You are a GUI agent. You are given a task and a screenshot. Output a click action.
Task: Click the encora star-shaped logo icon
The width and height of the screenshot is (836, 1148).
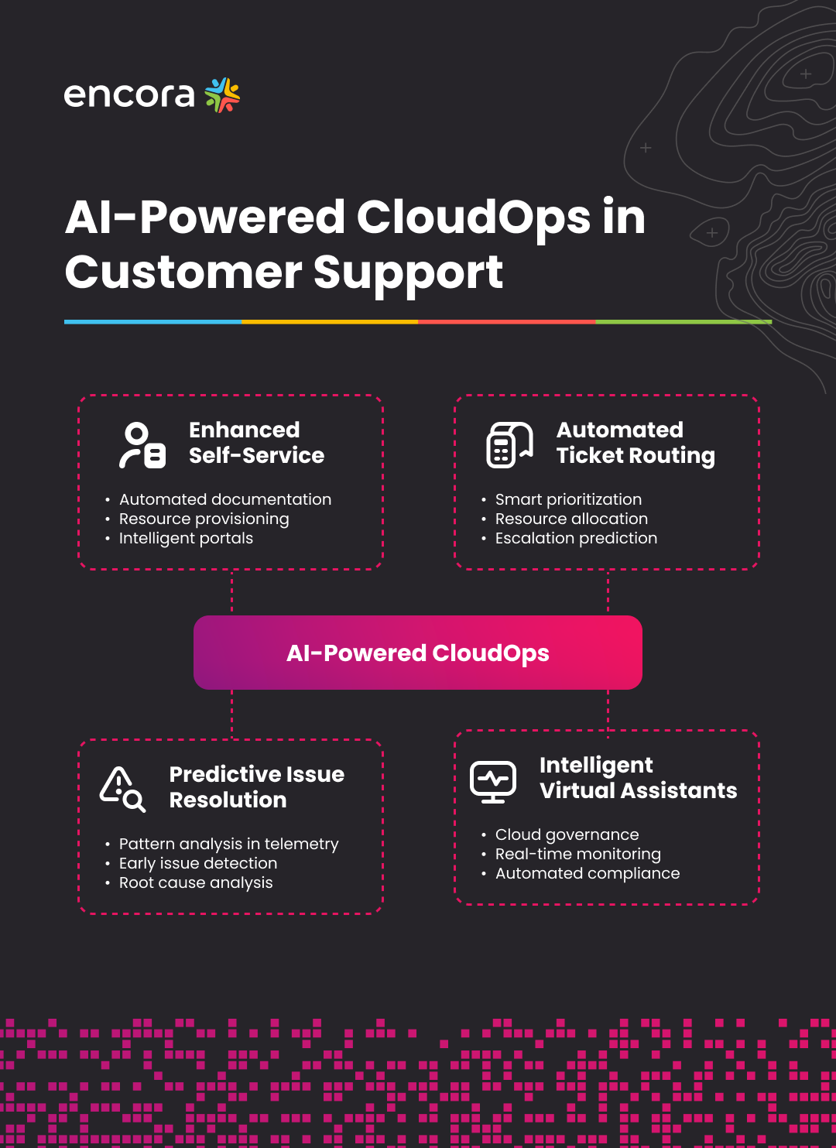[x=222, y=95]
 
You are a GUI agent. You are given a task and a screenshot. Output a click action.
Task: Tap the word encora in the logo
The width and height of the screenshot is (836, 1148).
[x=129, y=95]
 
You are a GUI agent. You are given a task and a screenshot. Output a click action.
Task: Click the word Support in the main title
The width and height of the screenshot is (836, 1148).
[x=408, y=272]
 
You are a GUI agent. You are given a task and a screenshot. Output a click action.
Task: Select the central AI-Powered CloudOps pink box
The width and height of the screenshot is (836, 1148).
[x=418, y=653]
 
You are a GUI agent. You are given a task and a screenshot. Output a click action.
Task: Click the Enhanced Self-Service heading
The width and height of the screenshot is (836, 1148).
[x=256, y=443]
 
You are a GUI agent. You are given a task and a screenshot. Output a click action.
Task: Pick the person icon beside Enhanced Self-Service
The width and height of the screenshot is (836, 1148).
[x=142, y=445]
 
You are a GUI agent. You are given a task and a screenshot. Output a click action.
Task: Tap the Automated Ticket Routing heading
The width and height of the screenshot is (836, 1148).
[x=635, y=443]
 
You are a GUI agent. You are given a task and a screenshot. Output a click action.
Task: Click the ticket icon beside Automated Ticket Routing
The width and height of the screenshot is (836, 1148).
[x=509, y=445]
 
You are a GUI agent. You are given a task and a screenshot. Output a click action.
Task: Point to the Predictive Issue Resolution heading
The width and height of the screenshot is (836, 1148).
[x=256, y=786]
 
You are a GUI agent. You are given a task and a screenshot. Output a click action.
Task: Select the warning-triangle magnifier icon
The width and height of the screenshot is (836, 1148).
[x=122, y=789]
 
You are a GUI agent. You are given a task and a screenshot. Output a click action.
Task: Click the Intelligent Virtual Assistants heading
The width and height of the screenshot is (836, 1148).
[x=638, y=777]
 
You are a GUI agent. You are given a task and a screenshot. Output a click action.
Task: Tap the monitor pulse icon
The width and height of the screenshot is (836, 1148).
[x=493, y=782]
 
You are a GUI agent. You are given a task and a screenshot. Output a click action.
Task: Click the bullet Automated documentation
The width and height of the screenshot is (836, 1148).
[x=225, y=499]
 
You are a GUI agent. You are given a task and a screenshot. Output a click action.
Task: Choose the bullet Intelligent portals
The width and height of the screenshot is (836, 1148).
[x=186, y=538]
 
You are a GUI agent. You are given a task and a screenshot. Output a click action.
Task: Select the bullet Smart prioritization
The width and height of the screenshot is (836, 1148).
[x=568, y=499]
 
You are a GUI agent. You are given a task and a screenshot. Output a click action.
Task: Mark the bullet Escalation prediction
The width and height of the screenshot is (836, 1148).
[x=576, y=538]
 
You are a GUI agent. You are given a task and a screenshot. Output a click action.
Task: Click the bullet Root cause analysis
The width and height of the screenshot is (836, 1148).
[x=196, y=882]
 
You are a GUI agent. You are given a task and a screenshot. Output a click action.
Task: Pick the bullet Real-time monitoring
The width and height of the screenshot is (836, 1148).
[x=577, y=854]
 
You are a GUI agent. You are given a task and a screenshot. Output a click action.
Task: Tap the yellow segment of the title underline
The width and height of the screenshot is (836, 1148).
[x=330, y=321]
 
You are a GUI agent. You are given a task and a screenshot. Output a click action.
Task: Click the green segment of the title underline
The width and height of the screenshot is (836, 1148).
[x=684, y=321]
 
